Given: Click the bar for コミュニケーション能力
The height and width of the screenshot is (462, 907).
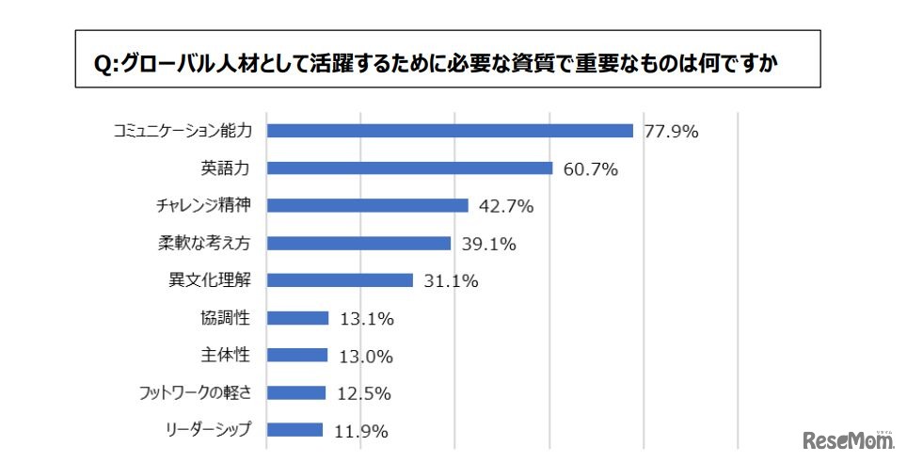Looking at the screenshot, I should pos(449,131).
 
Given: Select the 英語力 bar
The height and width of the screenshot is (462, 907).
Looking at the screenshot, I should pos(409,168).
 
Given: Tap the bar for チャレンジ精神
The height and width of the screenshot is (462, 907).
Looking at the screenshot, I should pos(367,205).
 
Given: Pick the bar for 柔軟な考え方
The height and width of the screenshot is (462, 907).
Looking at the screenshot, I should pos(358,243).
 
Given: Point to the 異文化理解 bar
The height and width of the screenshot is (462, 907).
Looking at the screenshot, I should pos(340,280).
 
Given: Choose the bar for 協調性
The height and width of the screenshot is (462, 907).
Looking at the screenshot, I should pos(297,318).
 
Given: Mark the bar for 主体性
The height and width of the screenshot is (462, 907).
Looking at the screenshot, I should pos(297,356).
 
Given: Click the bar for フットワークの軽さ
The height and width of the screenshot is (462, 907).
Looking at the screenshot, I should pos(295,392).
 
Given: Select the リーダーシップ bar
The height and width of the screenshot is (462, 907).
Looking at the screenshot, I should pos(294,430).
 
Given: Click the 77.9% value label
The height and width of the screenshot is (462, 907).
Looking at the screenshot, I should pos(671,132).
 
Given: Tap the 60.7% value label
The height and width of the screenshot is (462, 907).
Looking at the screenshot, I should pos(590,169).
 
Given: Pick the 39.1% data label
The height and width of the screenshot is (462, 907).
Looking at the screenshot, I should pos(489,244).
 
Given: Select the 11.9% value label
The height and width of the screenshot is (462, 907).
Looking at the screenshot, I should pos(361,431).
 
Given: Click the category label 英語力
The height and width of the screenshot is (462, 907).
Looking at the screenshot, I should pos(226,168).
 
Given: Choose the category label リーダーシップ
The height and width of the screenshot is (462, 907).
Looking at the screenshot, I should pos(209,430).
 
